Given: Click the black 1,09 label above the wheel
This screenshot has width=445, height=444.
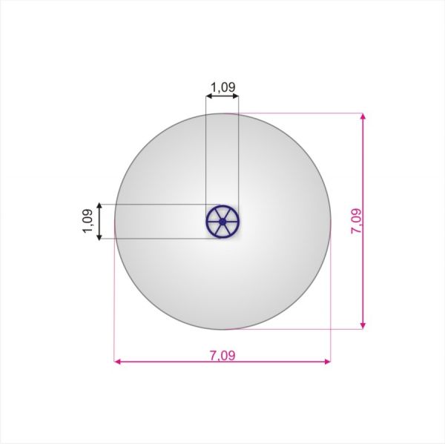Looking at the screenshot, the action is pyautogui.click(x=223, y=87).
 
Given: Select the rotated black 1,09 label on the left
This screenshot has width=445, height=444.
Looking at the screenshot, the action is pyautogui.click(x=88, y=221).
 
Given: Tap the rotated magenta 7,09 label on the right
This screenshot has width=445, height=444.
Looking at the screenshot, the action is pyautogui.click(x=356, y=221).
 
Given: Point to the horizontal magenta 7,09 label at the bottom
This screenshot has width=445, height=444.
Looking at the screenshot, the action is pyautogui.click(x=222, y=355).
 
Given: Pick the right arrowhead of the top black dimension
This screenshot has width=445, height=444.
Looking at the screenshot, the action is pyautogui.click(x=235, y=96).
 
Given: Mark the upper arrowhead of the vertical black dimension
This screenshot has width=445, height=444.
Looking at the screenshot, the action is pyautogui.click(x=99, y=206).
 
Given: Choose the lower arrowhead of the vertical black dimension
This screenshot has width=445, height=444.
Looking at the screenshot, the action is pyautogui.click(x=99, y=236).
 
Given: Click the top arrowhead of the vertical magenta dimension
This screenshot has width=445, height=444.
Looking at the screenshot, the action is pyautogui.click(x=363, y=116).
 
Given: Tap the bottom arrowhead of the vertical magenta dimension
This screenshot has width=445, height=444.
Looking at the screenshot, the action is pyautogui.click(x=363, y=325).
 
